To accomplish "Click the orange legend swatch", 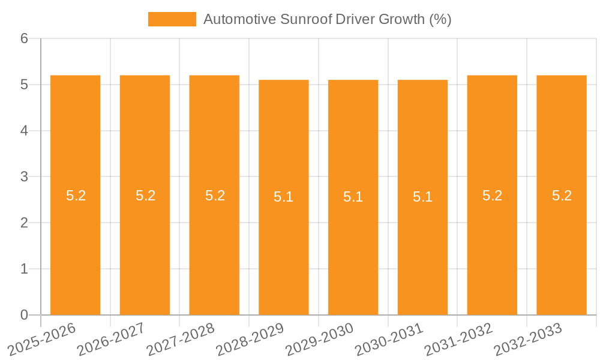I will click(x=172, y=19).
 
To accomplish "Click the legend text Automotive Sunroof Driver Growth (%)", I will click(x=327, y=19).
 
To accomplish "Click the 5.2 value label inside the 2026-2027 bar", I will click(x=145, y=196).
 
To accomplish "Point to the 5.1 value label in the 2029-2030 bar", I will click(x=353, y=197).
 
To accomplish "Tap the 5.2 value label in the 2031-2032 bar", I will click(x=492, y=196).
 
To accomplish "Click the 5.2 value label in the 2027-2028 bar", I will click(x=215, y=196).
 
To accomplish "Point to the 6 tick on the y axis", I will click(x=24, y=38).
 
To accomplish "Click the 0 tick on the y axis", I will click(x=24, y=315).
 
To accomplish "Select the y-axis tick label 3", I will click(x=24, y=177).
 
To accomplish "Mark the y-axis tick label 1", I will click(x=24, y=269).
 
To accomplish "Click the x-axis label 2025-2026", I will click(x=42, y=338).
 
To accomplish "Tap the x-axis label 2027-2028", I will click(x=181, y=338).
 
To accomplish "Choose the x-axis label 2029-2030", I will click(x=320, y=338).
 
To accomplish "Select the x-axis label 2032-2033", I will click(x=528, y=338).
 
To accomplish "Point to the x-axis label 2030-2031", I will click(x=389, y=338).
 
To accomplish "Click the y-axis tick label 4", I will click(x=24, y=131).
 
